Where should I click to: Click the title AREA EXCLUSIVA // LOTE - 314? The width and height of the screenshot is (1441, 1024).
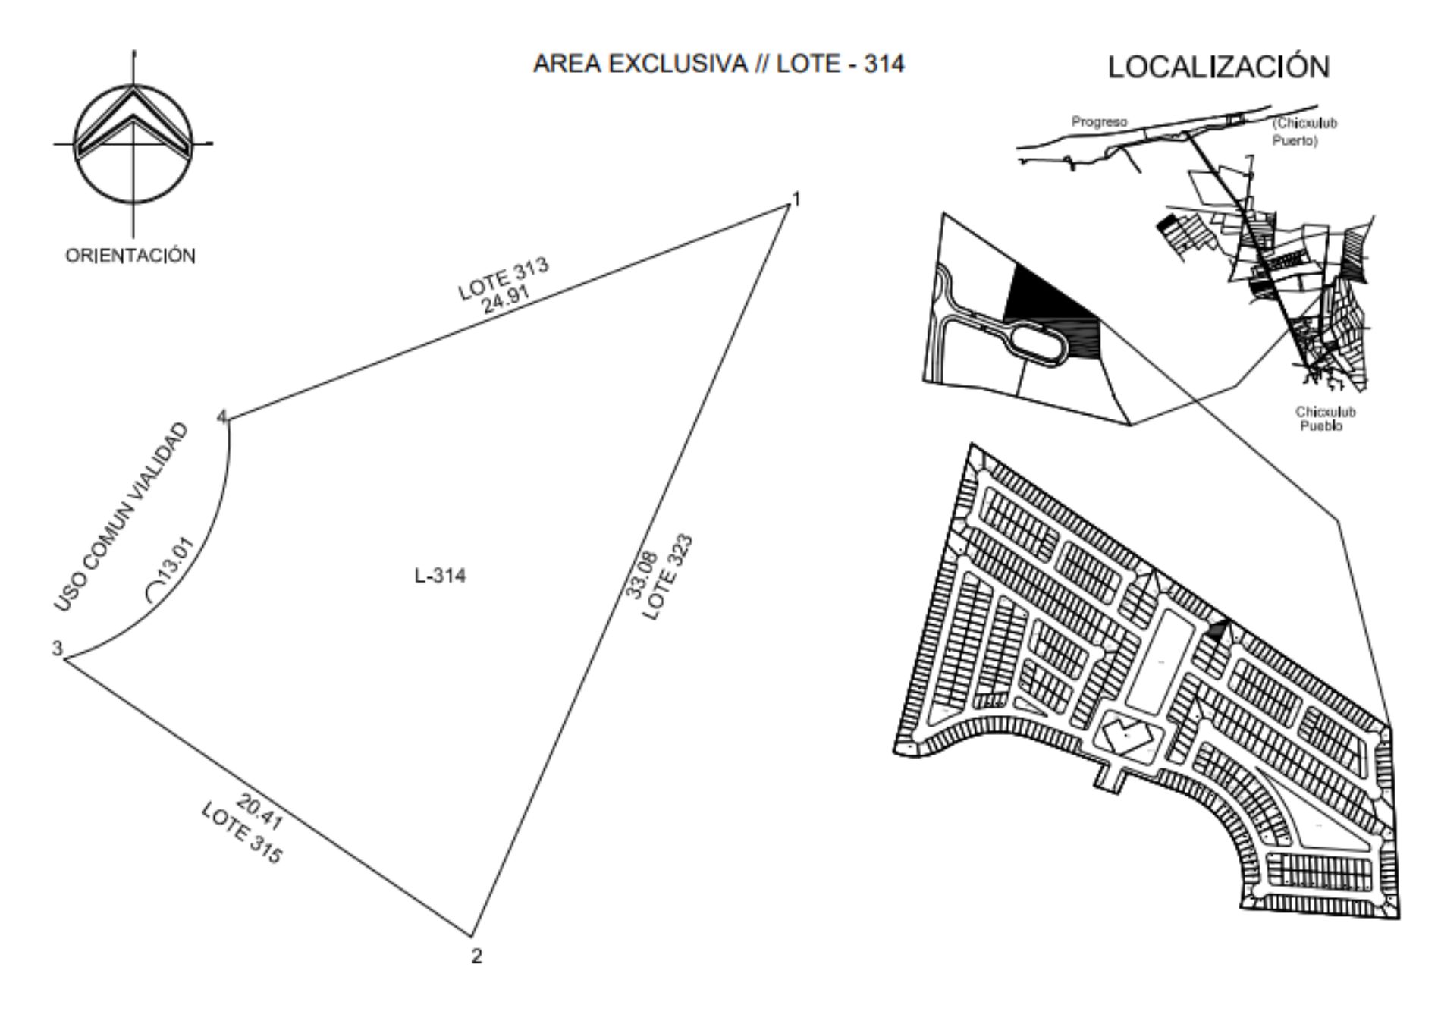coord(718,64)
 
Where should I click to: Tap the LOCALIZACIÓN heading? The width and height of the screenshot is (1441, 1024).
coord(1219,67)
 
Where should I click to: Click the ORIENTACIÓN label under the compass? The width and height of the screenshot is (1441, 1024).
coord(130,256)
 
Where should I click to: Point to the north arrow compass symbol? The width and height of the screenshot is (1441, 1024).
coord(133,143)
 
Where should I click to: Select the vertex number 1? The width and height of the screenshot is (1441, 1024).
coord(796,199)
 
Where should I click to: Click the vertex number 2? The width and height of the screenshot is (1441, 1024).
coord(476,956)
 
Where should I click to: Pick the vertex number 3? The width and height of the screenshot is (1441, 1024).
coord(57,649)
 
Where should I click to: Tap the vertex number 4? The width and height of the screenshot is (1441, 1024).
coord(222,416)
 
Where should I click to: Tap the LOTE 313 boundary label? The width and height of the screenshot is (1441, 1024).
coord(503,279)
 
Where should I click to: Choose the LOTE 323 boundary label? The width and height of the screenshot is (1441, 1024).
coord(668,576)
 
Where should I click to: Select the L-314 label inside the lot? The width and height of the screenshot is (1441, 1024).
coord(440,576)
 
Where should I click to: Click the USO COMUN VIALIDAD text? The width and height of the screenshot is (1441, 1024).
coord(121,517)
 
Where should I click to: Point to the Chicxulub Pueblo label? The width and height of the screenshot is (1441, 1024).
coord(1325,419)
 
